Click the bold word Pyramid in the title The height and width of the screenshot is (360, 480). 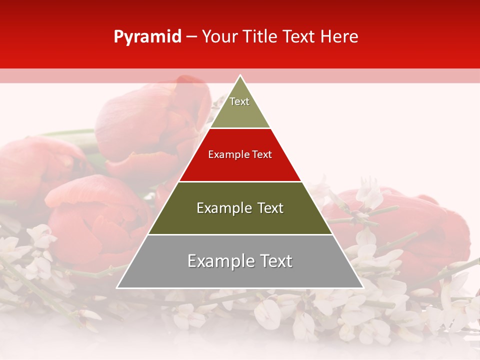point(147,37)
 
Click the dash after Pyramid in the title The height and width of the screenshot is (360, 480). point(191,37)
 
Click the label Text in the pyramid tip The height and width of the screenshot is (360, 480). point(239,101)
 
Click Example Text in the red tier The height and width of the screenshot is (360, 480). point(240,154)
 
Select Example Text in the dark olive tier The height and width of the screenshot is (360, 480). point(240,208)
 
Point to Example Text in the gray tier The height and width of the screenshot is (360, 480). point(240,261)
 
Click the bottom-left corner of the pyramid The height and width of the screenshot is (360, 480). point(117,287)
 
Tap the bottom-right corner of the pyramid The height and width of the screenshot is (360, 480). point(363,287)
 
